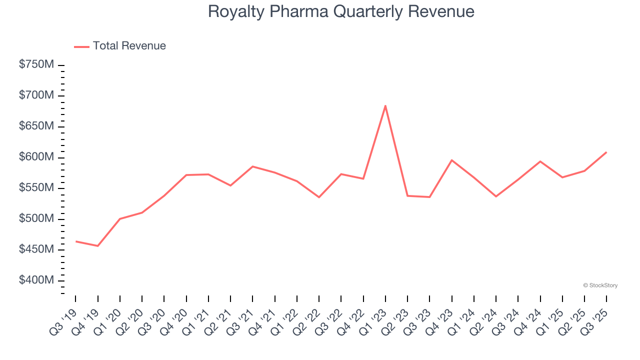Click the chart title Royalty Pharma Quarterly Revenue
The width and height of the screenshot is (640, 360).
341,11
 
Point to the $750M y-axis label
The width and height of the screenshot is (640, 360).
36,64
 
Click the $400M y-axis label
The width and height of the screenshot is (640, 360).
36,280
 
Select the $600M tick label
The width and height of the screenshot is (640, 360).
36,157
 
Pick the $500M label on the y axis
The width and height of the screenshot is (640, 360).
36,218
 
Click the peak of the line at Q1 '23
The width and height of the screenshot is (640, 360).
385,105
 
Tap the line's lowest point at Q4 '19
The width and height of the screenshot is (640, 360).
98,246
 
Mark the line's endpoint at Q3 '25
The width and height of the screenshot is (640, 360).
606,152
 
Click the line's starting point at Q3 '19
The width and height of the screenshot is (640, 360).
76,241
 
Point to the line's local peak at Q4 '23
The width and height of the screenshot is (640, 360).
451,160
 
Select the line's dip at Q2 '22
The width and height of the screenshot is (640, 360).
319,197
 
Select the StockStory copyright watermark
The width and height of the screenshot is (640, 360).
600,285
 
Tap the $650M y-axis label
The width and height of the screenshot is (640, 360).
36,126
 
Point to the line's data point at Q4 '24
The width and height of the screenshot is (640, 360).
540,161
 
